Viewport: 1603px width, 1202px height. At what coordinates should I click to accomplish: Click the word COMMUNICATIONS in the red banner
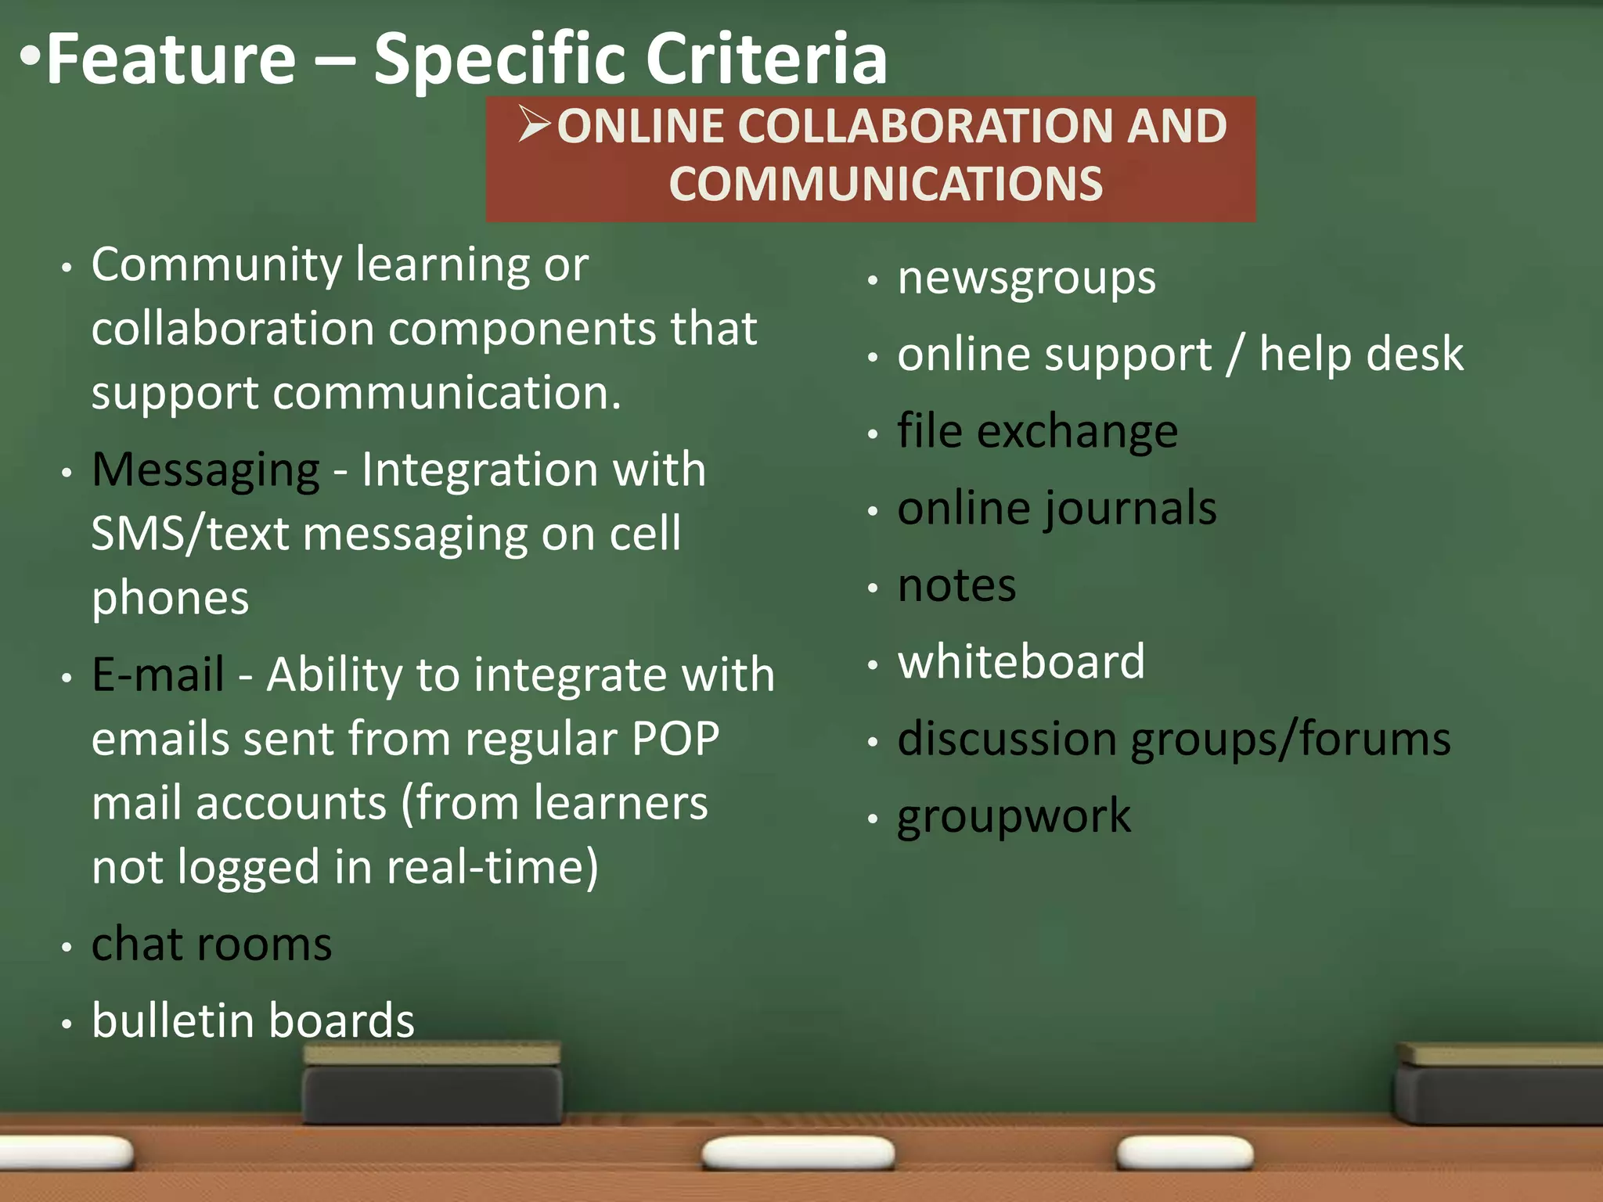(885, 184)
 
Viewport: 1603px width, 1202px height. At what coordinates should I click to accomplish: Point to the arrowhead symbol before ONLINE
(535, 124)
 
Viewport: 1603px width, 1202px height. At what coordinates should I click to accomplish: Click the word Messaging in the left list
(206, 470)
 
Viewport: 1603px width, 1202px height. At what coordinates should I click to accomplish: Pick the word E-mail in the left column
(158, 675)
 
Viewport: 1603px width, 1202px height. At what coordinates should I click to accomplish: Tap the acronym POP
(675, 739)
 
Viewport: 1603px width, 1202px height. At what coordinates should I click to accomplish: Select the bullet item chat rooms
(211, 945)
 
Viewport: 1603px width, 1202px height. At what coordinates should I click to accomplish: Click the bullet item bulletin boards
(253, 1021)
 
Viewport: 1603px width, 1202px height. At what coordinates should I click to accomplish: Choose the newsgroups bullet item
(1026, 279)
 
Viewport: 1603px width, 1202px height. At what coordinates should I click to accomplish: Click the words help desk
(1361, 354)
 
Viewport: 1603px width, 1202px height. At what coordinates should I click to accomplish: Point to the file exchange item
(1037, 431)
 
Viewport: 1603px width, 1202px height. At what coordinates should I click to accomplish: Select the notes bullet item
(956, 585)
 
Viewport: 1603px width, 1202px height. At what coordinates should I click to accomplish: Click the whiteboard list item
(1021, 662)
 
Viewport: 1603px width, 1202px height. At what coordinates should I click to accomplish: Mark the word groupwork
(1014, 817)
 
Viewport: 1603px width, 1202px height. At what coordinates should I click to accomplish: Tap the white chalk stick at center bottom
(798, 1152)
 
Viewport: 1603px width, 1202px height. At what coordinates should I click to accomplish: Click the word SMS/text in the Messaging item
(191, 534)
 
